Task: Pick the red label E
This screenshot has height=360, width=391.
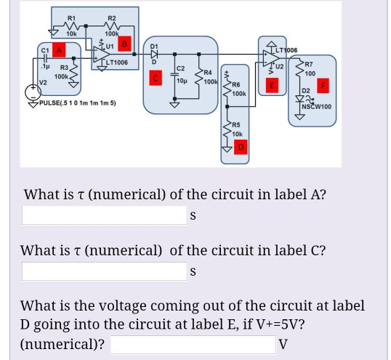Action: click(272, 85)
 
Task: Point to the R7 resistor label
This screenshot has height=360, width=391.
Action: click(309, 65)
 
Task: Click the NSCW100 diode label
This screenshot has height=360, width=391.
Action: click(317, 107)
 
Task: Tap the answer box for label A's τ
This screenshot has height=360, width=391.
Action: click(104, 215)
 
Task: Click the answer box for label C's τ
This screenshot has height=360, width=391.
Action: click(104, 271)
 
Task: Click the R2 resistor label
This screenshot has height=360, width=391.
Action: click(111, 17)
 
